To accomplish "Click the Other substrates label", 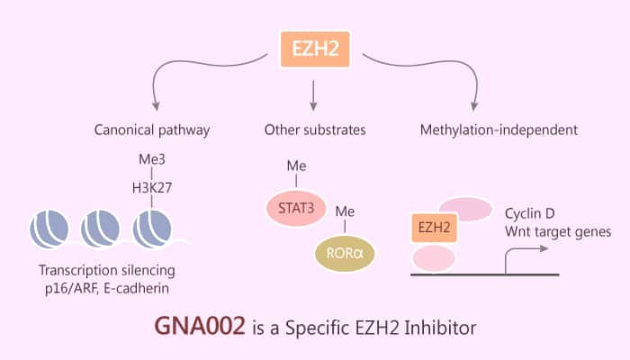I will click(315, 130).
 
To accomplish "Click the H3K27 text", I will click(152, 183).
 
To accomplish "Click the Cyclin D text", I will click(553, 212).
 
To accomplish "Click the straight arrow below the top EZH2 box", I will click(315, 94).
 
